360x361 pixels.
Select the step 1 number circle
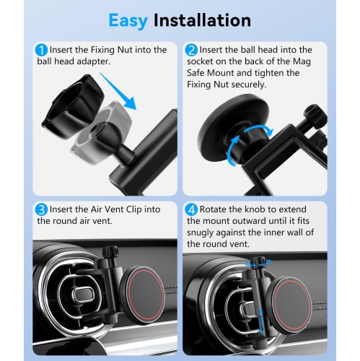(42, 51)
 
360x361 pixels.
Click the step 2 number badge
(191, 51)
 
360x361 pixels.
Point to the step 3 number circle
(42, 210)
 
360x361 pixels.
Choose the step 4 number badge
(191, 210)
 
